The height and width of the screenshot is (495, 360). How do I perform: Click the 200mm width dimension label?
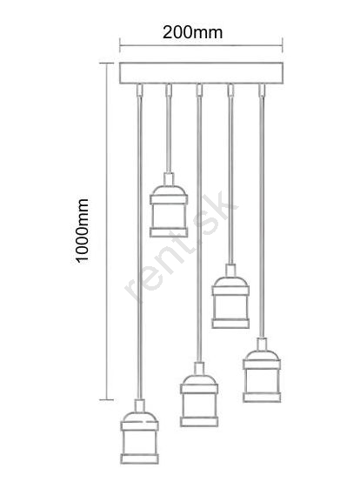pyautogui.click(x=192, y=32)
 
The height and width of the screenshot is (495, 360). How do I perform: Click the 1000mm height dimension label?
pyautogui.click(x=83, y=231)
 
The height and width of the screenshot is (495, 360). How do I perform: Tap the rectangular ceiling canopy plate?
pyautogui.click(x=201, y=73)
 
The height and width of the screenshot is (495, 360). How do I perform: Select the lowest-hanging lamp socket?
pyautogui.click(x=139, y=431)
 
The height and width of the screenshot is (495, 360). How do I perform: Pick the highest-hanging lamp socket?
pyautogui.click(x=169, y=205)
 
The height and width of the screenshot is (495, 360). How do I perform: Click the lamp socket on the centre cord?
pyautogui.click(x=199, y=394)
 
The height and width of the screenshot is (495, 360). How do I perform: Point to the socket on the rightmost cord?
pyautogui.click(x=262, y=370)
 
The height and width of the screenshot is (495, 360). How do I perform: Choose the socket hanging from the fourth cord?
pyautogui.click(x=230, y=297)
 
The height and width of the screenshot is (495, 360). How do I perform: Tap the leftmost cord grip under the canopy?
pyautogui.click(x=139, y=90)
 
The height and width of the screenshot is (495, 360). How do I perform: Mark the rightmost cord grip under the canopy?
pyautogui.click(x=262, y=90)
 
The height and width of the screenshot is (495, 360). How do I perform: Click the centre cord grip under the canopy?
pyautogui.click(x=199, y=90)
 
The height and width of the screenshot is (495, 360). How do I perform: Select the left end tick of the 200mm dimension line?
pyautogui.click(x=120, y=45)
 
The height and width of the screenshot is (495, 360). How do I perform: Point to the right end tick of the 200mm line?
pyautogui.click(x=283, y=45)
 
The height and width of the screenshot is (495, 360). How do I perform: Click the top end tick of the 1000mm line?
pyautogui.click(x=107, y=64)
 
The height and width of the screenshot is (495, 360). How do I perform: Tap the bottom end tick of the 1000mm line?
pyautogui.click(x=107, y=399)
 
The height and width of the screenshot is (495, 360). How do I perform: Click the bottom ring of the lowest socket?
pyautogui.click(x=139, y=459)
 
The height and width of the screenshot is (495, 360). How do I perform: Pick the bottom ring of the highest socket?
pyautogui.click(x=169, y=232)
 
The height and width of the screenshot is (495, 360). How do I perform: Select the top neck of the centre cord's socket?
pyautogui.click(x=199, y=368)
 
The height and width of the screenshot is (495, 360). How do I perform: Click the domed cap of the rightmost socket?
pyautogui.click(x=262, y=355)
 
